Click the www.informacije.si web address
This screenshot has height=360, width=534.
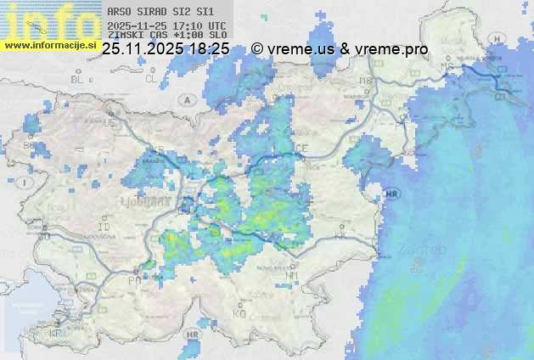point(48,44)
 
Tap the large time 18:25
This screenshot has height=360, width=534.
point(209,49)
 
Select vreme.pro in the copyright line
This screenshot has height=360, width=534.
point(392,49)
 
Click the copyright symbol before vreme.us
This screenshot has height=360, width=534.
point(257,49)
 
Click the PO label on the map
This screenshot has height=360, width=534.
point(133,279)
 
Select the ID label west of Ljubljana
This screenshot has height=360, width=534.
point(104,228)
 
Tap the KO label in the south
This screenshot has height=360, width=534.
point(239,313)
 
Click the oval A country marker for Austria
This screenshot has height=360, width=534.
point(185,99)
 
